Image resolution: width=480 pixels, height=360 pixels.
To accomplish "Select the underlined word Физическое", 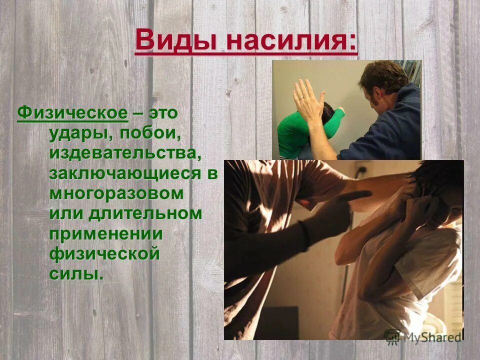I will (72, 113).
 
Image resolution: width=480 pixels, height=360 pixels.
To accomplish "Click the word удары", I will (76, 134).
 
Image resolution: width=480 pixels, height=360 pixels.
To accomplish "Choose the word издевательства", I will (125, 154).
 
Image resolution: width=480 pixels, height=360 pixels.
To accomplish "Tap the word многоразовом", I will (116, 193).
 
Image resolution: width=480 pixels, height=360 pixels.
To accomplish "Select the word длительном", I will (146, 213).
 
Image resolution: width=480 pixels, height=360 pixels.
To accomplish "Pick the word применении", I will (106, 233).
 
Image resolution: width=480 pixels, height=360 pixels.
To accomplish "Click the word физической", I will (104, 253).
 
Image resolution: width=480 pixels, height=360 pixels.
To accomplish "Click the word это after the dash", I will (162, 113).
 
